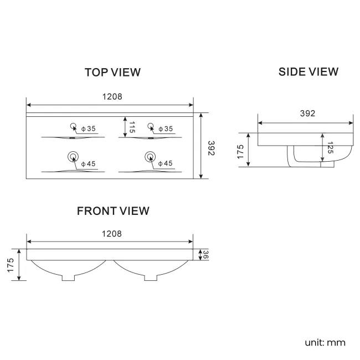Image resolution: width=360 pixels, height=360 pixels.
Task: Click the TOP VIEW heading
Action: coord(112,72)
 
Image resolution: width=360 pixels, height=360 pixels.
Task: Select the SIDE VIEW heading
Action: coord(308,71)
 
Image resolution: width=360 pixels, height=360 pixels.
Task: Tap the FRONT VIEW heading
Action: coord(113,210)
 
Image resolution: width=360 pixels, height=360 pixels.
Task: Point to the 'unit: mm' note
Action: coord(325,342)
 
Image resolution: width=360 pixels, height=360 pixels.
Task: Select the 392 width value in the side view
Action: coord(307,114)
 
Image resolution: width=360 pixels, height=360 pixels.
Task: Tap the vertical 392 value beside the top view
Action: coord(210,147)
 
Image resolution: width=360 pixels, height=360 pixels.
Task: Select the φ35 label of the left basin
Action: coord(88,129)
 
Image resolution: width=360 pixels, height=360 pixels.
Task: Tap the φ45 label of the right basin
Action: coord(165,163)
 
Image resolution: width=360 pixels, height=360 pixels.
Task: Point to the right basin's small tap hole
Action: coord(150,126)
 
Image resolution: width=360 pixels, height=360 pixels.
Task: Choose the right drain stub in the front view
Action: coord(151,277)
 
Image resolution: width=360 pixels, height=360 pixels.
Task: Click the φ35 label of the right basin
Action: coord(165,129)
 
